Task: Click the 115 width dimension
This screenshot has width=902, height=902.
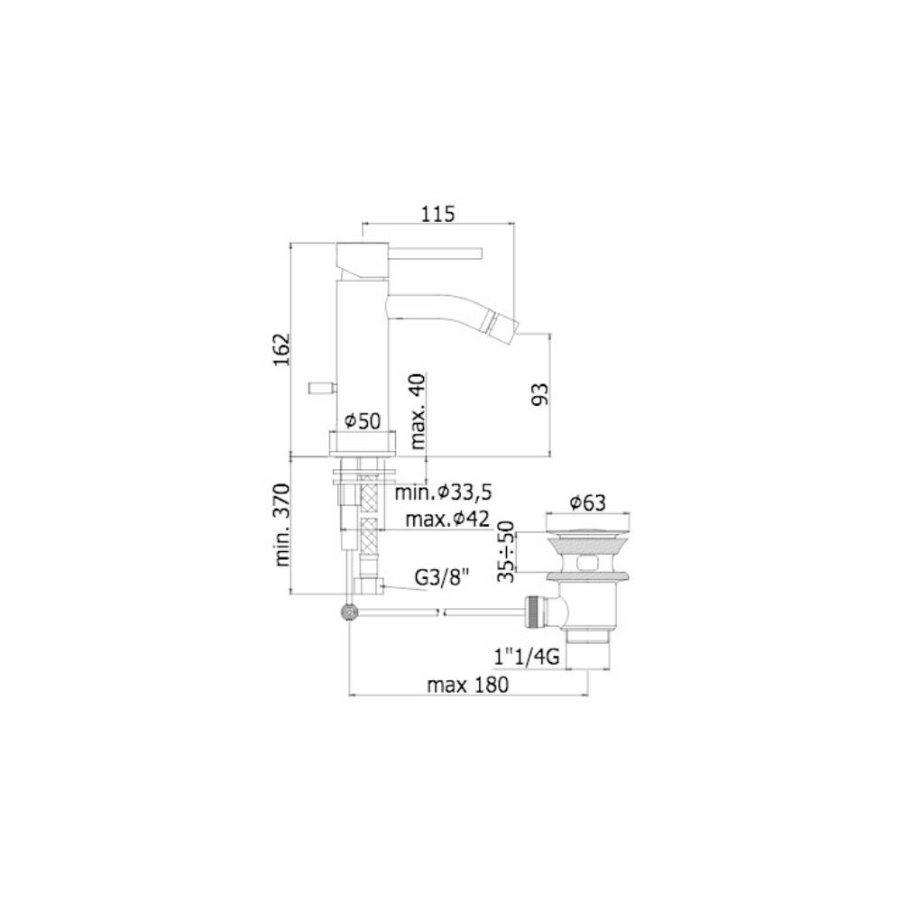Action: (x=437, y=214)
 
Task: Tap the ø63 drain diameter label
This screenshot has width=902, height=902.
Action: (x=588, y=503)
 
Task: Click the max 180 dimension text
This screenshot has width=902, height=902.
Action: (x=468, y=685)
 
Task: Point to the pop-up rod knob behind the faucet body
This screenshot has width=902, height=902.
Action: (x=319, y=388)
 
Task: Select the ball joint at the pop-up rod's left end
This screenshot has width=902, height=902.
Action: (x=348, y=612)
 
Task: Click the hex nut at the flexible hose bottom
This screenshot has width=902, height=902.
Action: (x=368, y=587)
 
